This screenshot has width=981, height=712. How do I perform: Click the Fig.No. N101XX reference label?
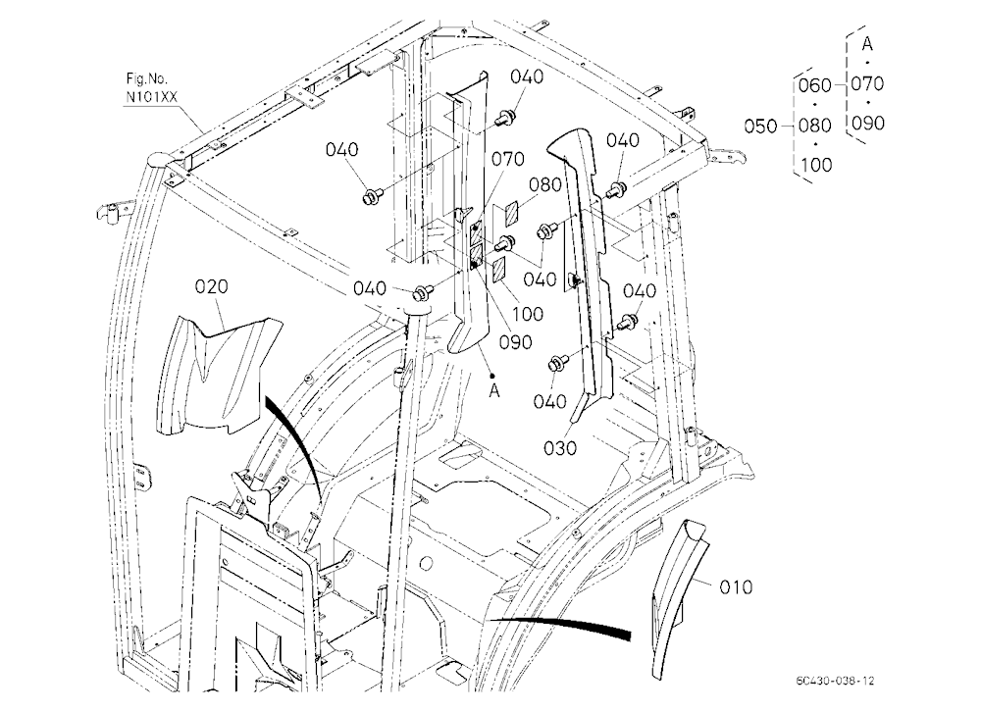point(151,88)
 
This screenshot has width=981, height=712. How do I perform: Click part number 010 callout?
point(735,587)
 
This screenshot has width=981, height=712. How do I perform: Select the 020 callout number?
point(212,286)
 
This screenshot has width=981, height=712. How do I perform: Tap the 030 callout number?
point(560,448)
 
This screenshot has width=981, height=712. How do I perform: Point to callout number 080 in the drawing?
point(544,185)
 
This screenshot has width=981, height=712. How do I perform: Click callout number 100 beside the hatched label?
point(528,314)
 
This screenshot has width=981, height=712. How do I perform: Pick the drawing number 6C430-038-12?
point(835,681)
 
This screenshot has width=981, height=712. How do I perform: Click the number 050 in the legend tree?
point(761,127)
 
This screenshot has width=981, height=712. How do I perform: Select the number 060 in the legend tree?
point(815,85)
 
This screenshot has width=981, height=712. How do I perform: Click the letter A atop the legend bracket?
point(867,44)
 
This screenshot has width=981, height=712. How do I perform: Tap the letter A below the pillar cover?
point(494,391)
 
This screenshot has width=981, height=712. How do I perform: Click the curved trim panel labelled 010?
point(677,599)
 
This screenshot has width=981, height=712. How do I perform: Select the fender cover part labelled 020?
point(219,375)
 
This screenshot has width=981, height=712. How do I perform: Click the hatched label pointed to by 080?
point(511,213)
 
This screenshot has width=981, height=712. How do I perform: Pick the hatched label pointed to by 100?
point(499,271)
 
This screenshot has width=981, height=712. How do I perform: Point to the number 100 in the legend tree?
point(816,165)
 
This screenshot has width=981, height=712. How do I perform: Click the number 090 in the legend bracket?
point(868,123)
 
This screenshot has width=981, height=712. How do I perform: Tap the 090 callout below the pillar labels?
point(516,342)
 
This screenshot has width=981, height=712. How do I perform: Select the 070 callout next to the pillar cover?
point(507,159)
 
